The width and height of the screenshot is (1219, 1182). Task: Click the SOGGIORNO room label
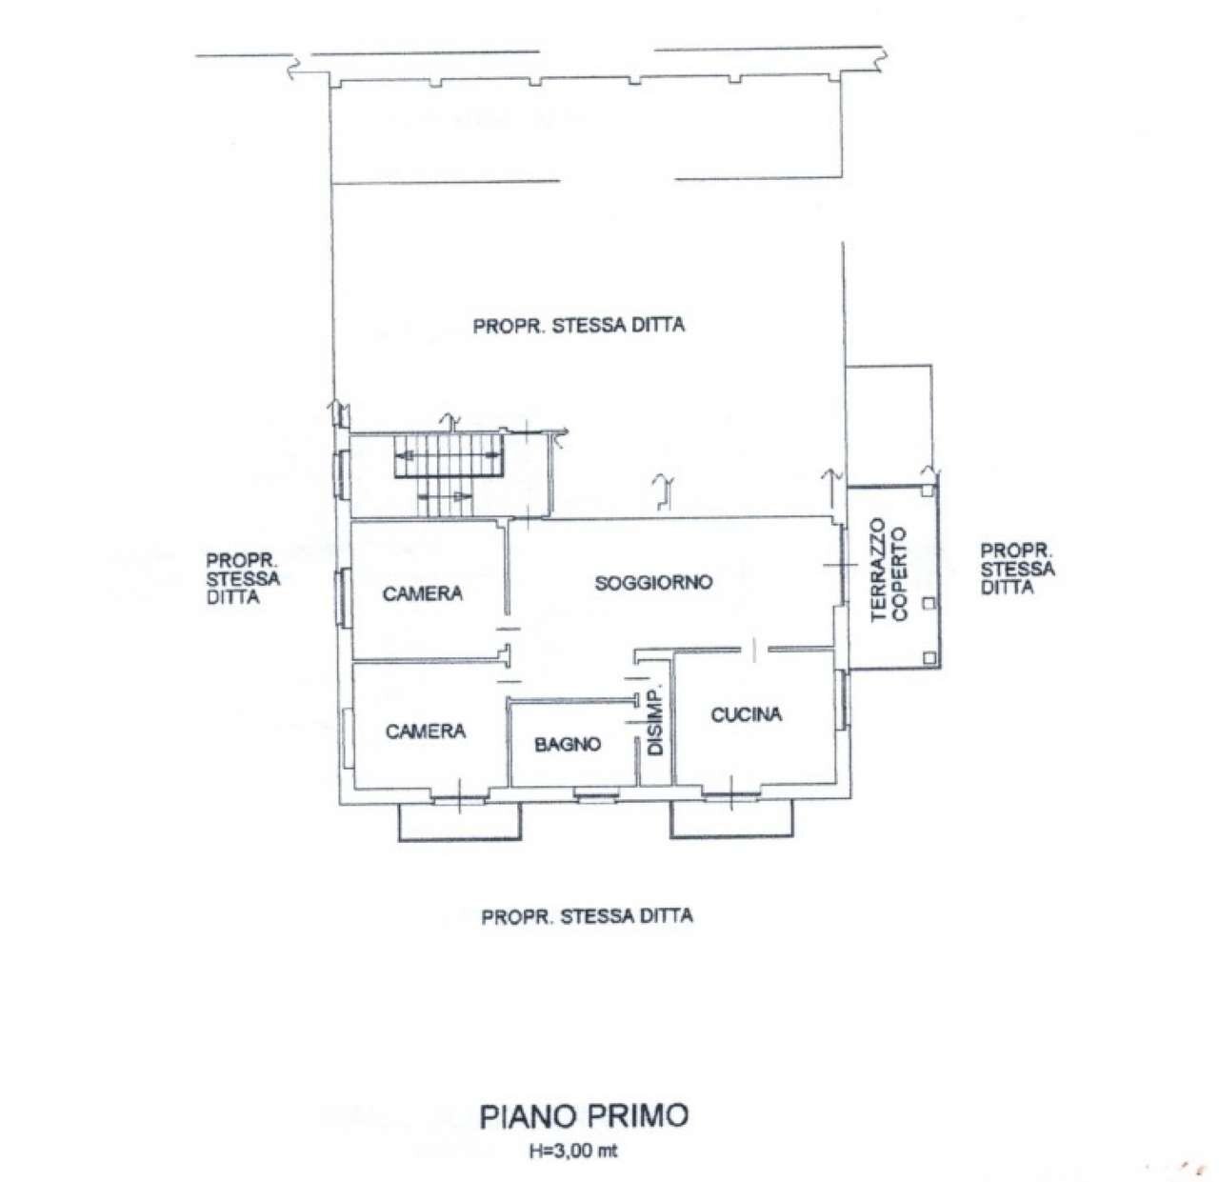point(653,582)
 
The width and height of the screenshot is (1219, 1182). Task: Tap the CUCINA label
point(747,713)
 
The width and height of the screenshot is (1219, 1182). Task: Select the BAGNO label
point(568,744)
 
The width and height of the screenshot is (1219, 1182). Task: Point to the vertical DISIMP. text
point(654,721)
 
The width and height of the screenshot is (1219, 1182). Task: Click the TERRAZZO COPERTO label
point(889,571)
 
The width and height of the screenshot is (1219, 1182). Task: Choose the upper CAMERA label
point(423,593)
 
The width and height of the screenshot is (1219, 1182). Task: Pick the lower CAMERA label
point(426,731)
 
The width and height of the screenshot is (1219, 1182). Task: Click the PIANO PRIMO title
point(584,1115)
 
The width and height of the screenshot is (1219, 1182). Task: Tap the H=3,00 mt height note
point(573,1151)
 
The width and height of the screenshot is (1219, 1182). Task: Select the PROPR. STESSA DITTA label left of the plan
point(243,578)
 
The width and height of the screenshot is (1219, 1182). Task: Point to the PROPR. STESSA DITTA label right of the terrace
point(1017,569)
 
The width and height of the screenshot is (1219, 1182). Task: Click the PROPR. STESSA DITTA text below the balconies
point(587,916)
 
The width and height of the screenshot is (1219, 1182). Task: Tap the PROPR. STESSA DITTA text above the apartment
point(579,326)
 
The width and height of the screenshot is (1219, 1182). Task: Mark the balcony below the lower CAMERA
point(460,820)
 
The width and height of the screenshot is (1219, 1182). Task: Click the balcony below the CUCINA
point(731,820)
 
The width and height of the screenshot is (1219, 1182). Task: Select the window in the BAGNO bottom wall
point(594,792)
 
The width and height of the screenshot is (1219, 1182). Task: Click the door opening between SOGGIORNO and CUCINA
point(753,651)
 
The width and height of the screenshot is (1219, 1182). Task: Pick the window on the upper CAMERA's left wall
point(344,596)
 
